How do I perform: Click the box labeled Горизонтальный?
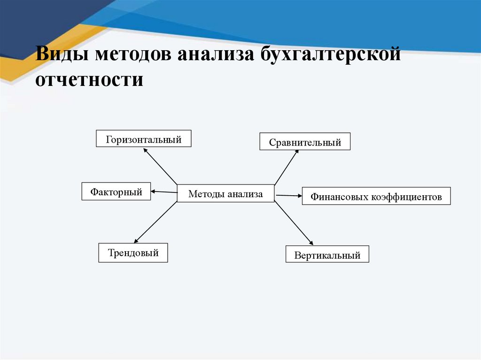point(144,139)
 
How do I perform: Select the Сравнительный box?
point(305,141)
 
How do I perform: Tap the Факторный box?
point(116,191)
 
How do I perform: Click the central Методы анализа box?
point(225,193)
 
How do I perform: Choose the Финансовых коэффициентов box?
point(376,196)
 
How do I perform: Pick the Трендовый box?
point(133,253)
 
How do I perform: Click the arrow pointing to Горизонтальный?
point(160,166)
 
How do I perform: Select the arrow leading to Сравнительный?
point(287,167)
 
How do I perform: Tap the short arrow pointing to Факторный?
point(164,191)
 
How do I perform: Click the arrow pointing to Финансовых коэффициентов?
point(288,195)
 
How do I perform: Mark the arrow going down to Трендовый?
point(155,222)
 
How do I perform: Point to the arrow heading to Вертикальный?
point(294,223)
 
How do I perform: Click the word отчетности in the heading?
point(89,78)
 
